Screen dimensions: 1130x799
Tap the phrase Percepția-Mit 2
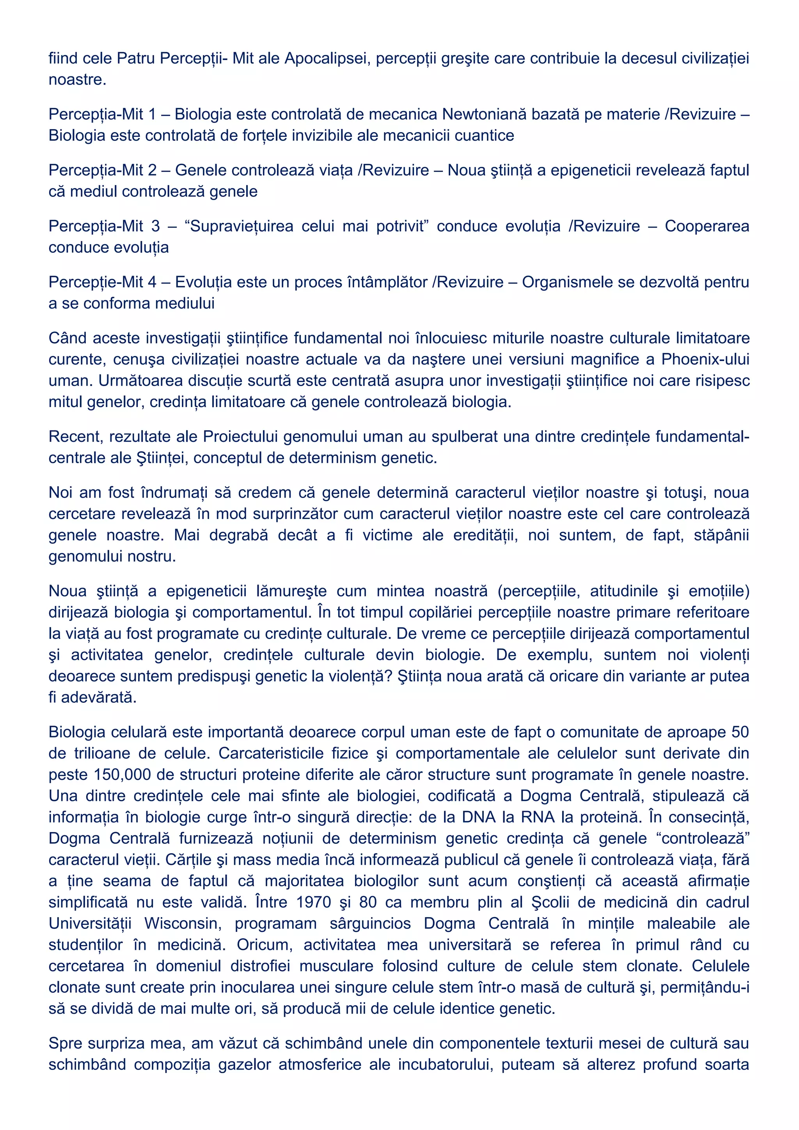tap(102, 170)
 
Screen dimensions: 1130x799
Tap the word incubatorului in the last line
tap(440, 1065)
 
